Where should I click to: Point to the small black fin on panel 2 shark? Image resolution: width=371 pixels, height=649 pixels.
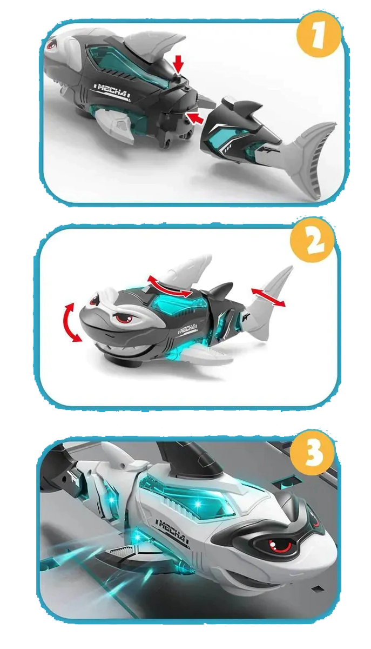[221, 291]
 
